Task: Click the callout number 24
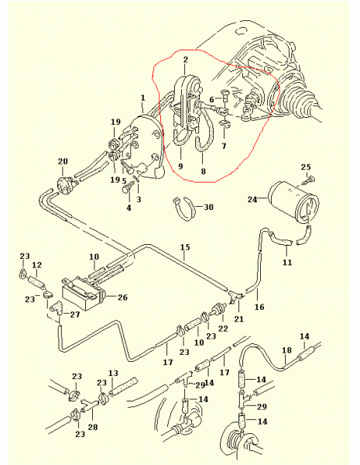point(252,200)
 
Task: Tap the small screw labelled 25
point(310,180)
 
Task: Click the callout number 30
point(208,207)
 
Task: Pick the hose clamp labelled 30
point(183,208)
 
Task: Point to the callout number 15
point(185,247)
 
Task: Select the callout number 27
point(75,315)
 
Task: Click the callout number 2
point(186,60)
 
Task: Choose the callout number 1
point(143,98)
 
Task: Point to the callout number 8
point(204,171)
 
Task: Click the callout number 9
point(180,167)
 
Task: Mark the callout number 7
point(224,146)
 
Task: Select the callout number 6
point(211,100)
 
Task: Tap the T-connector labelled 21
point(236,297)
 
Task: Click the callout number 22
point(223,329)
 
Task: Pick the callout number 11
point(287,262)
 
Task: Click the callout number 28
point(93,427)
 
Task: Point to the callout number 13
point(113,373)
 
